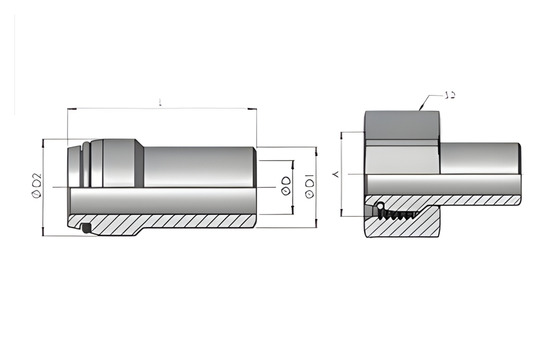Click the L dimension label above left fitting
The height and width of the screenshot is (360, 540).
(x=161, y=102)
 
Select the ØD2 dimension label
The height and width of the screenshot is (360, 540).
(x=36, y=186)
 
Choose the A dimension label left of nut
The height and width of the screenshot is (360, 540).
(x=335, y=174)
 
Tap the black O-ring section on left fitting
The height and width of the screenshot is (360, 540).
(x=87, y=231)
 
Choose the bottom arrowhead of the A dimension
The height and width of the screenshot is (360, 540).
(x=343, y=213)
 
